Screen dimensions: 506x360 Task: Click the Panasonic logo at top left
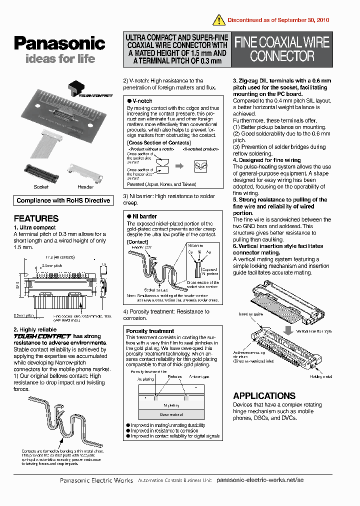[59, 43]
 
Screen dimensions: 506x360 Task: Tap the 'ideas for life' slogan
[60, 59]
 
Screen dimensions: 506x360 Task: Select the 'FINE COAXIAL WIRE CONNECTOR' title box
[282, 49]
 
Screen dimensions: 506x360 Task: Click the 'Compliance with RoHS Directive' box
[63, 200]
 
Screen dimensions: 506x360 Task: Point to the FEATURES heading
[36, 218]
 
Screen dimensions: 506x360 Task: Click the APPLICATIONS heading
[264, 395]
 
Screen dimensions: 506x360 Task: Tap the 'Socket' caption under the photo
[41, 187]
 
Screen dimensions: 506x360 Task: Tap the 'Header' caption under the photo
[85, 187]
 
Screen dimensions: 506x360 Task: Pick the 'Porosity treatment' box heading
[150, 331]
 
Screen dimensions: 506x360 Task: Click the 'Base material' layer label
[171, 414]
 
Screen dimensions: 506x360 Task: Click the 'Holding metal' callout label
[320, 376]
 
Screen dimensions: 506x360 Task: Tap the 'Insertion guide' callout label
[250, 314]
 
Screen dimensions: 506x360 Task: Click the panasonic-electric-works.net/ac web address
[260, 480]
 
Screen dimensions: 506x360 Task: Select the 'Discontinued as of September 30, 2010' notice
[278, 20]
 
